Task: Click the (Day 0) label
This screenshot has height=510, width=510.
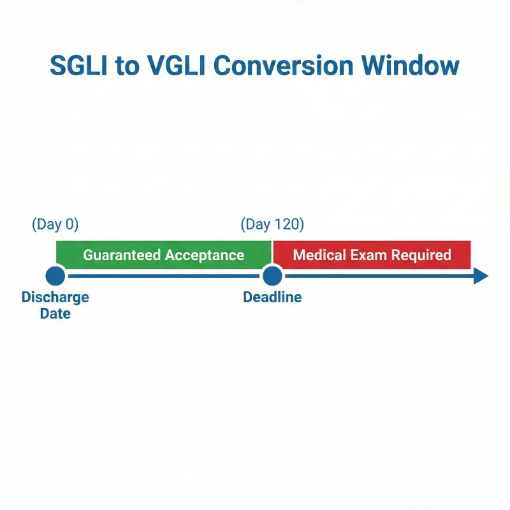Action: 55,224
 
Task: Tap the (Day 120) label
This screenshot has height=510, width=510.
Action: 272,224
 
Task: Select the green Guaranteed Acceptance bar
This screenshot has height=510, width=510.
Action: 164,255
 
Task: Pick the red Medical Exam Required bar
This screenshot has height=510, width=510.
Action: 372,255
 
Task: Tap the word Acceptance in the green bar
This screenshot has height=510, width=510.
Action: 205,255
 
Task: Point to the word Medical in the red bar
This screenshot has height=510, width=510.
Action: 318,255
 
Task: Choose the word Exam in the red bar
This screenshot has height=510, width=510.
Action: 367,255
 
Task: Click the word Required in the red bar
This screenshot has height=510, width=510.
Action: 421,255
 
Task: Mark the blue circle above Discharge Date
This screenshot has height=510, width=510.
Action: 55,276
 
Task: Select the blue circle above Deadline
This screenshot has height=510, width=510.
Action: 272,276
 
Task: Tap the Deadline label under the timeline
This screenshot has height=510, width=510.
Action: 272,297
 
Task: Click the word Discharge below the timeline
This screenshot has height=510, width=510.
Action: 55,297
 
